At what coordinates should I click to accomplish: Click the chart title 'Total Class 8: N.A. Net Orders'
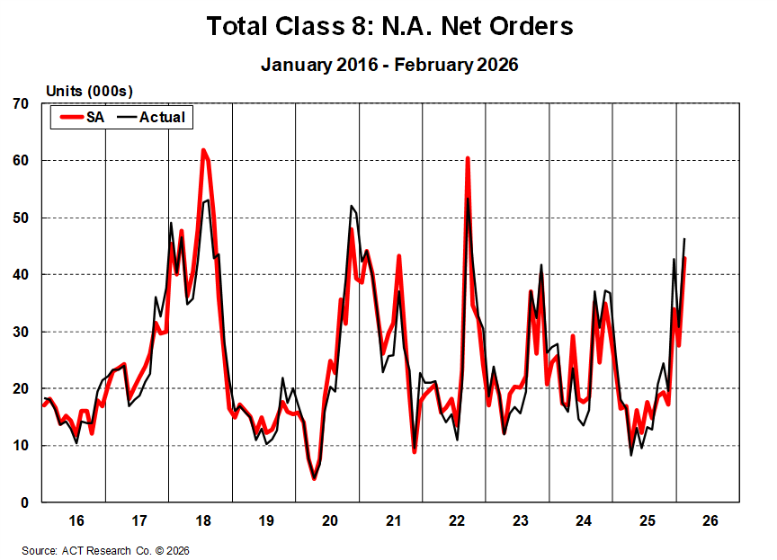389,26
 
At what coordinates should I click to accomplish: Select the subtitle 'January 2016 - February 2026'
389,65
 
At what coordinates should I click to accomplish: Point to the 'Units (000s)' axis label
89,91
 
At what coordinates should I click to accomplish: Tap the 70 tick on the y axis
22,104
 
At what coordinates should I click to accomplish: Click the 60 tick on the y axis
22,161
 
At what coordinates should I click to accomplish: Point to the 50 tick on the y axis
22,218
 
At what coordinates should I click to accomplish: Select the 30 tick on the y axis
22,332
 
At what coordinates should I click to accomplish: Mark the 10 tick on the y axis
22,446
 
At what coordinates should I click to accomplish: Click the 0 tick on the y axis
25,502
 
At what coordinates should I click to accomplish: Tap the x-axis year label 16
76,520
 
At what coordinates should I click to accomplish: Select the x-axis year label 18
202,520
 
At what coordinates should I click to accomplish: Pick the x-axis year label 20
329,520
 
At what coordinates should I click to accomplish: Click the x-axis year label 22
456,520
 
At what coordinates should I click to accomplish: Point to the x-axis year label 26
710,520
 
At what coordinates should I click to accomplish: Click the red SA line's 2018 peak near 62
203,150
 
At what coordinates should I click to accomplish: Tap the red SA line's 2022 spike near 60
468,158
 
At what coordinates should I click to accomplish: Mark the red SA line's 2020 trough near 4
314,478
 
